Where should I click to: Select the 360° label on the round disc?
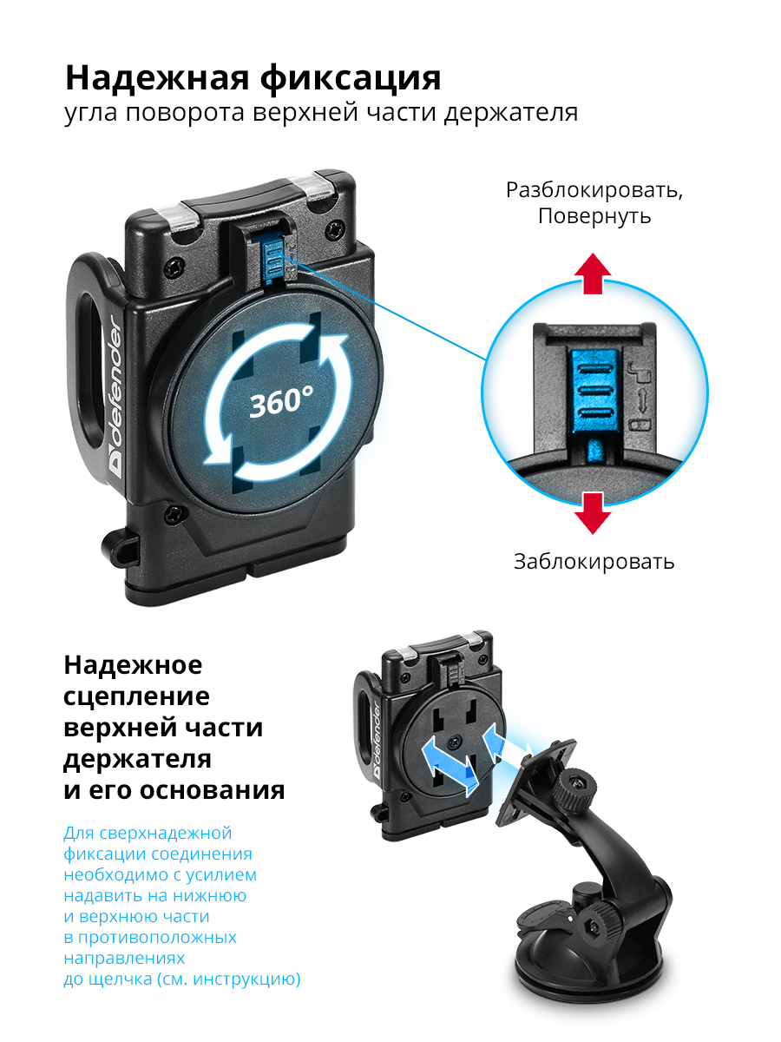(x=281, y=402)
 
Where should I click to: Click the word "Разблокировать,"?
(x=594, y=191)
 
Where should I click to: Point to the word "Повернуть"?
(x=594, y=216)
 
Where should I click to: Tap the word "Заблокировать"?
(x=594, y=562)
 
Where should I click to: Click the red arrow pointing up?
(x=593, y=274)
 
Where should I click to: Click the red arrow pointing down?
(x=593, y=514)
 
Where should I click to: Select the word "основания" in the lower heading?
(x=213, y=791)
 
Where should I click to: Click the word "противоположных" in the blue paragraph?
(x=157, y=938)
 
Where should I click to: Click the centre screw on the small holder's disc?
(x=456, y=739)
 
